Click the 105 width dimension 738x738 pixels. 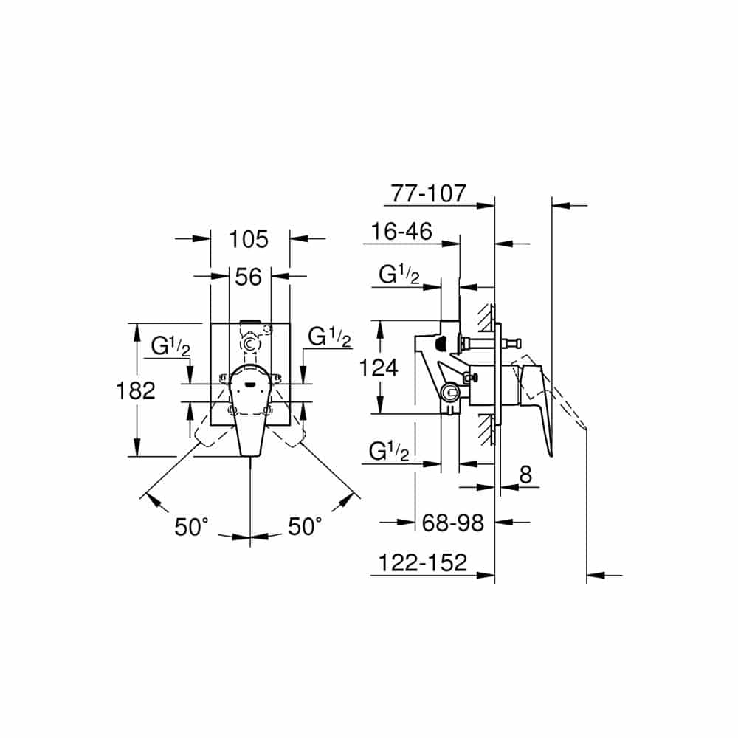point(249,239)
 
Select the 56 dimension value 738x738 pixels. point(248,277)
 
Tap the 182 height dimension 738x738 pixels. point(136,390)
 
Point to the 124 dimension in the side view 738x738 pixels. point(379,367)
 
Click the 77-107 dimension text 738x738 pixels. point(428,193)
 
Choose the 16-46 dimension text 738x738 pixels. point(401,232)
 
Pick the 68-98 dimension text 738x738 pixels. point(453,523)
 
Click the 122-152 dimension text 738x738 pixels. point(423,562)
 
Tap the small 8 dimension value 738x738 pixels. point(525,475)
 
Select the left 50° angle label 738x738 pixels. point(192,527)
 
